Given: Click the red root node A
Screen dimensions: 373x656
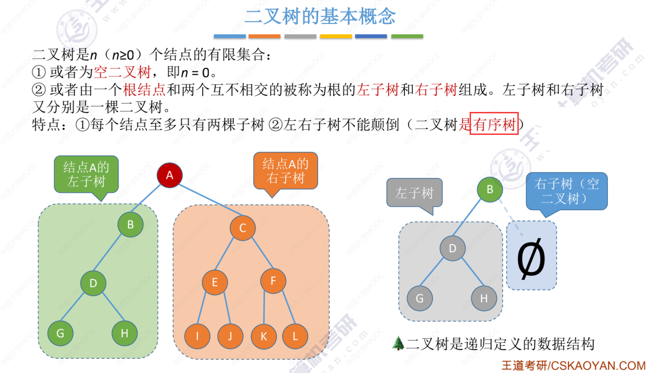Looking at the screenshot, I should point(170,175).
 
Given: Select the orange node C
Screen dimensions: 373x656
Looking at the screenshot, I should point(243,228).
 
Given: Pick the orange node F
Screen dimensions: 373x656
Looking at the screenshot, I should point(273,281).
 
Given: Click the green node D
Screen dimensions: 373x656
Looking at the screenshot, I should point(93,283).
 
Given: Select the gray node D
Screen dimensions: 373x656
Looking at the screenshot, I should point(453,249).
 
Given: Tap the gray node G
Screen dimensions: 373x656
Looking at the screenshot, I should point(420,299).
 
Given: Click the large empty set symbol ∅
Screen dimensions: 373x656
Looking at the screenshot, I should point(531,259).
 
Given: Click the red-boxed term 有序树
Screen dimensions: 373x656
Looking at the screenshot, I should point(494,124).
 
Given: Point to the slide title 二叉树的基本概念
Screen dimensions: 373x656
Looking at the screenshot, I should point(320,17).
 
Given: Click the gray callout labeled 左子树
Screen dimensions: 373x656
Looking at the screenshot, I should point(414,193).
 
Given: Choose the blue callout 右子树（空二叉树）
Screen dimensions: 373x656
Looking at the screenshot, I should point(567,191).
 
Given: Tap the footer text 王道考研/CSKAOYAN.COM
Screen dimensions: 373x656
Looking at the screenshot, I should point(573,365).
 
